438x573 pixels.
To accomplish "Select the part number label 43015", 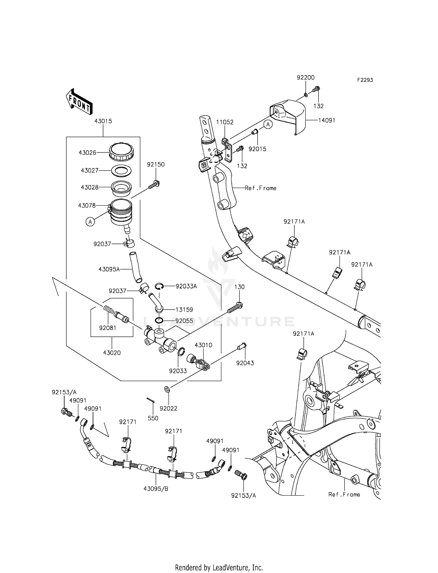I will (103, 121).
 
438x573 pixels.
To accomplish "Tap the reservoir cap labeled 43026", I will (121, 152).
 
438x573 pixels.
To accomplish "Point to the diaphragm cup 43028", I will (121, 188).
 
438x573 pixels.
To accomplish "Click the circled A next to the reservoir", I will (90, 222).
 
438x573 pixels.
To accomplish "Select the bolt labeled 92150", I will (154, 185).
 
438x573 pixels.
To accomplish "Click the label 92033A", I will (186, 286).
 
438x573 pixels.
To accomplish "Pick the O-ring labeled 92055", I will (159, 321).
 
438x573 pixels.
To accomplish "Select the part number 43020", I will (112, 353).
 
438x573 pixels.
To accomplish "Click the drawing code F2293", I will (365, 80).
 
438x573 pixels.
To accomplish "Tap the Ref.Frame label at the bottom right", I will (344, 494).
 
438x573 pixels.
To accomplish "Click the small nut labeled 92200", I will (305, 94).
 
